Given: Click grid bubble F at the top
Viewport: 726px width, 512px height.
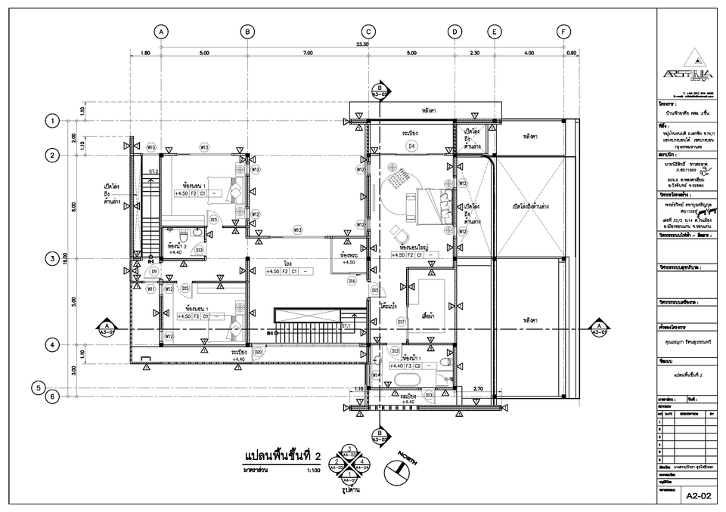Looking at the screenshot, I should [x=563, y=32].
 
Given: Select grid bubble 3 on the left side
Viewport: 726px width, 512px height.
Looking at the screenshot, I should [x=52, y=259].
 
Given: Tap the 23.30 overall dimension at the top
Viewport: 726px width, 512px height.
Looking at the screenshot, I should [x=362, y=45].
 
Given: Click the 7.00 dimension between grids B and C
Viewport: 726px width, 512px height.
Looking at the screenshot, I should [x=307, y=54].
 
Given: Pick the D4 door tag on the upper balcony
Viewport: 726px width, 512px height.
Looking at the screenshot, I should [x=411, y=146].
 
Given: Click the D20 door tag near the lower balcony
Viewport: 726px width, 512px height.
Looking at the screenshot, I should [x=258, y=352].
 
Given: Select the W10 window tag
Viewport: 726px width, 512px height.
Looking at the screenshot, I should [x=151, y=147].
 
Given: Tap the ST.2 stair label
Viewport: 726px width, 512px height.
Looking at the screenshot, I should [x=153, y=172].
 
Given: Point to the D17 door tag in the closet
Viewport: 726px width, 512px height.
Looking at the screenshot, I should [x=402, y=322].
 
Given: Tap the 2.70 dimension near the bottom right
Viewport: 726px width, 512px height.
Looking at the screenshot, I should [x=478, y=389].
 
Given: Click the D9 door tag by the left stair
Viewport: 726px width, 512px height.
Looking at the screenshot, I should [x=154, y=271].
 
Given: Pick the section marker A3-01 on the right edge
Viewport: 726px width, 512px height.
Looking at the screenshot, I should [x=599, y=329].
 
